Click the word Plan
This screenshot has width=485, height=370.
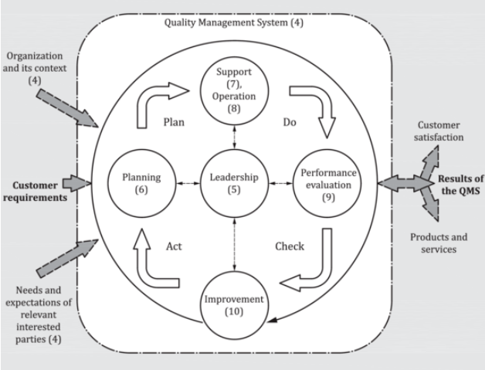tap(174, 122)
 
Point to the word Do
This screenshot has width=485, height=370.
tap(290, 122)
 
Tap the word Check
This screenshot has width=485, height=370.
tap(290, 246)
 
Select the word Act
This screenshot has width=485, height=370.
tap(174, 246)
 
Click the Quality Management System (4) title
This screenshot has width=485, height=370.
tap(234, 22)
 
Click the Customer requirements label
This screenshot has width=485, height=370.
tap(35, 192)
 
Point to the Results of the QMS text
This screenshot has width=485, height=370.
tap(460, 185)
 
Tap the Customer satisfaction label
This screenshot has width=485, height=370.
tap(439, 131)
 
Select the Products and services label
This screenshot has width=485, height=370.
tap(439, 243)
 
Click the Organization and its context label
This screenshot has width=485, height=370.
tap(35, 68)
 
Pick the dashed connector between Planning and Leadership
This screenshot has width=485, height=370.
tap(188, 183)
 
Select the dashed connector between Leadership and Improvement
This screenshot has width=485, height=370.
tap(234, 244)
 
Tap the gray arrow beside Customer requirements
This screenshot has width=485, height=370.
tap(76, 183)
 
